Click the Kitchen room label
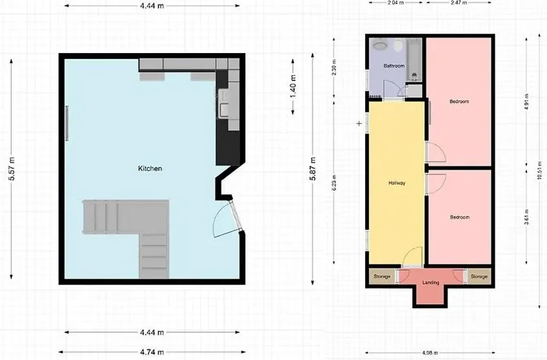point(150,168)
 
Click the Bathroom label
point(394,66)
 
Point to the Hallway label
point(396,183)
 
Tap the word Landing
point(430,283)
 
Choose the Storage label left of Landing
point(382,277)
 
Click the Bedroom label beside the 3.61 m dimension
point(459,217)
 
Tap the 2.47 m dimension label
point(458,3)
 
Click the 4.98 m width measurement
point(430,354)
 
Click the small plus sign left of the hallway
point(359,123)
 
